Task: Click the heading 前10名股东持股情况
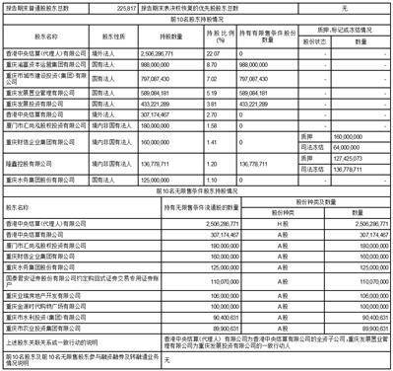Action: click(x=197, y=18)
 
